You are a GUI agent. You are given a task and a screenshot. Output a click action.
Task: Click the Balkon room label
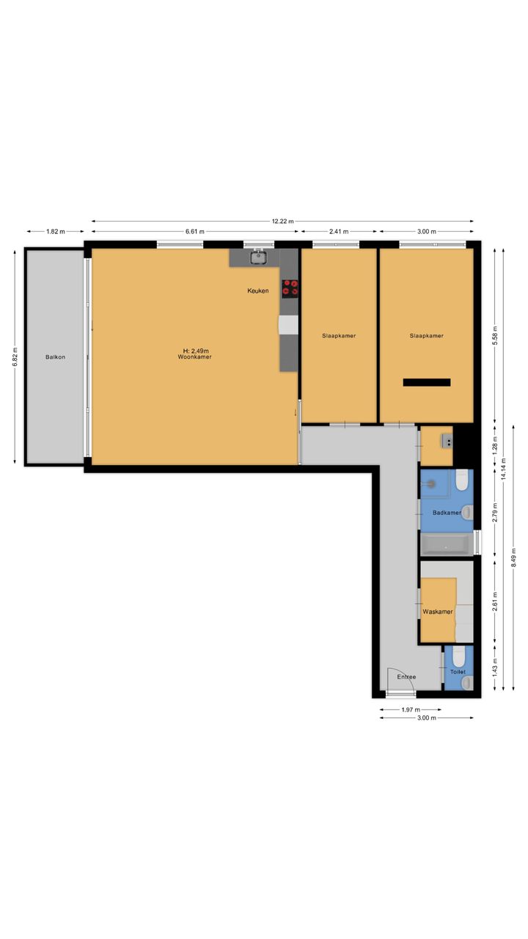tap(55, 357)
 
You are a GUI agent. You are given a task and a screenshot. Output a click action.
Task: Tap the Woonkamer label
tap(194, 357)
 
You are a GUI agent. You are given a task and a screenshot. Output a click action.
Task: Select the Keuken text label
tap(257, 291)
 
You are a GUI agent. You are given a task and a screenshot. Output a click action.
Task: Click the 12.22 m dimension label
tap(283, 221)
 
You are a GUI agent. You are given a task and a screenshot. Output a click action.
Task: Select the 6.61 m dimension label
tap(195, 231)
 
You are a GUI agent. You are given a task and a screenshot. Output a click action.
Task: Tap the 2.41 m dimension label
tap(339, 231)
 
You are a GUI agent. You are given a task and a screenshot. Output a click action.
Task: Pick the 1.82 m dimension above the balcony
tap(55, 231)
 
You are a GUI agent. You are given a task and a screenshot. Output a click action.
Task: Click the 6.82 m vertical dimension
tap(15, 357)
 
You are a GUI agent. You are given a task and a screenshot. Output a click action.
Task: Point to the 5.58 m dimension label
tap(495, 336)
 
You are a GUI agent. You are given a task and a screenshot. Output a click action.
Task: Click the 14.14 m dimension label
tap(503, 469)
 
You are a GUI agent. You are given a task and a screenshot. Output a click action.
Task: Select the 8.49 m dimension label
tap(513, 558)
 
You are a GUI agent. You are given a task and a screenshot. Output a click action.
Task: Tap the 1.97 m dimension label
tap(411, 709)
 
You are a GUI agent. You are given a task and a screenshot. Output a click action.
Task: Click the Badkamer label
tap(447, 513)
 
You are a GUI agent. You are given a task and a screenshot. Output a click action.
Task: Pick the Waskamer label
tap(438, 612)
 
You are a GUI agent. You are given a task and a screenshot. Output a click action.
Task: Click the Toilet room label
tap(458, 671)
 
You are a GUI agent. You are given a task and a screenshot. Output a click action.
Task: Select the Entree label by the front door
tap(406, 677)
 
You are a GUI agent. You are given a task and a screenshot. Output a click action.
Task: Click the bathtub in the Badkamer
tap(446, 545)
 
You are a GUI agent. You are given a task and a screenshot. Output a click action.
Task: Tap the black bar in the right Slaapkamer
tap(427, 382)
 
